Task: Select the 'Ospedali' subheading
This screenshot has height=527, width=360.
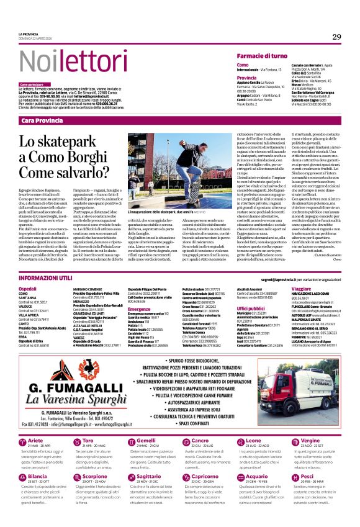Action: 28,271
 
